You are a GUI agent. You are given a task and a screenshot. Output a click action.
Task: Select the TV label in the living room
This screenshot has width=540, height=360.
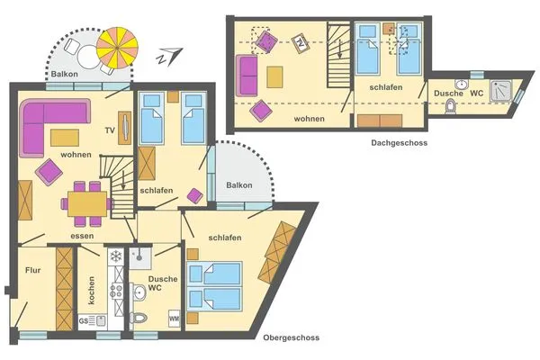tap(110, 130)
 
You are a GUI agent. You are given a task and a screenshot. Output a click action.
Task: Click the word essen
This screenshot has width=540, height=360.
tap(83, 237)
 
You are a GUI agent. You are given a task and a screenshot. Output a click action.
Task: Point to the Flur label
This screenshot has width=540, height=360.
tap(32, 269)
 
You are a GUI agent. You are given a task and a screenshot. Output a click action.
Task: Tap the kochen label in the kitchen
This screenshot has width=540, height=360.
tap(92, 289)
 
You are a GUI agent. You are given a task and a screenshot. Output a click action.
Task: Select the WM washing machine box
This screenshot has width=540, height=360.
tap(174, 319)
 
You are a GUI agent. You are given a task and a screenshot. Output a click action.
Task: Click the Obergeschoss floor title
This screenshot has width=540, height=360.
tap(291, 338)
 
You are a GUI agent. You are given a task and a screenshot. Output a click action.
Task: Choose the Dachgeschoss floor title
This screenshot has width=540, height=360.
tap(398, 142)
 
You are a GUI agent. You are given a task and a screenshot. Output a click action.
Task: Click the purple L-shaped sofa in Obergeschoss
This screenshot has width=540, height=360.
tap(49, 121)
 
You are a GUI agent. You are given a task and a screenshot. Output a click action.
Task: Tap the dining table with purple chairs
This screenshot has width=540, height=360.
tap(88, 202)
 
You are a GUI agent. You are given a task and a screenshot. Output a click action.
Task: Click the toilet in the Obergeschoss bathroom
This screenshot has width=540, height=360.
tap(138, 317)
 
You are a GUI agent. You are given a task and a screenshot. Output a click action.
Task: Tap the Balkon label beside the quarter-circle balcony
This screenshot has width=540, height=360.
tap(239, 185)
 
